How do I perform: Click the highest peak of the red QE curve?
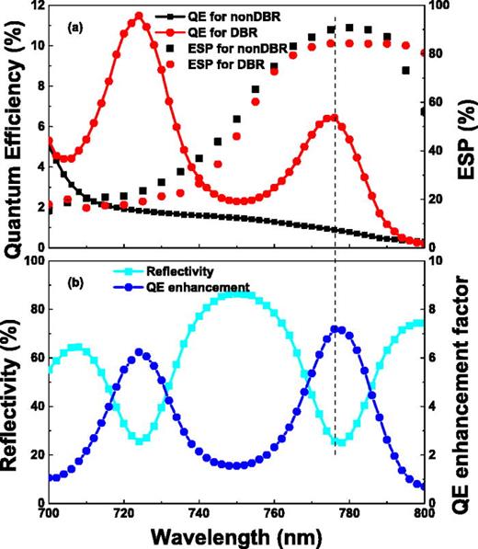point(139,15)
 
